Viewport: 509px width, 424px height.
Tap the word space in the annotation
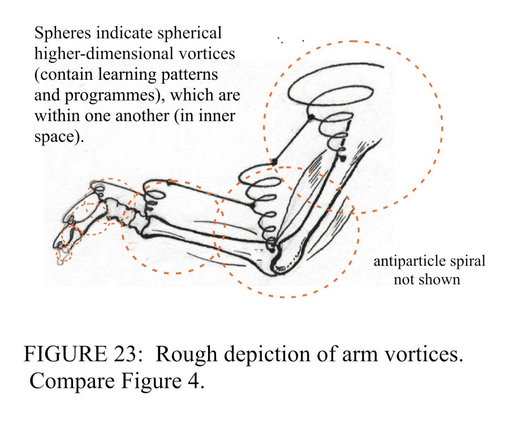[x=54, y=136]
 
